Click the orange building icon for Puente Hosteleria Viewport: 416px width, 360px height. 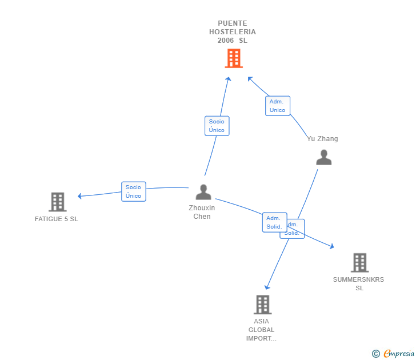coord(233,58)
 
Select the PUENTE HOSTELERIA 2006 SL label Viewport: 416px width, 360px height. coord(233,32)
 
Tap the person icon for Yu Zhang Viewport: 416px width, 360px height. coord(324,158)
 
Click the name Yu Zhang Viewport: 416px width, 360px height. coord(322,139)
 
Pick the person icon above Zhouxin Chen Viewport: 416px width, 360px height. coord(203,192)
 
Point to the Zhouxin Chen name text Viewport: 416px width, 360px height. coord(202,212)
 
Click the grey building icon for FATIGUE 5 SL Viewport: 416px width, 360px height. coord(57,202)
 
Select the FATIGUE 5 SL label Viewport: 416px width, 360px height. coord(56,219)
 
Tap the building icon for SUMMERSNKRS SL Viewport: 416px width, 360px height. coord(359,263)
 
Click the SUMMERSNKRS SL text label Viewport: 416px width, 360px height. coord(359,283)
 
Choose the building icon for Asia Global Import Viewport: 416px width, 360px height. coord(262,305)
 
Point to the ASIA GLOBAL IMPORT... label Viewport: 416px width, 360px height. coord(261,330)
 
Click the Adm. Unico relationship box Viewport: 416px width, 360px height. coord(278,106)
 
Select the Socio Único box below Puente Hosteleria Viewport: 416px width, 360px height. coord(217,126)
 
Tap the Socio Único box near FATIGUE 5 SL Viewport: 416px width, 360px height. coord(134,191)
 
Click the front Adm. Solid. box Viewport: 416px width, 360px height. coord(274,222)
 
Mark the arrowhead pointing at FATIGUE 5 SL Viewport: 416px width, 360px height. coord(80,196)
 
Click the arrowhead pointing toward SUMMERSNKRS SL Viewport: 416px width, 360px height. coord(331,246)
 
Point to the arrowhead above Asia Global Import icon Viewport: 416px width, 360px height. coord(267,287)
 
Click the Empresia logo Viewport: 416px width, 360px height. coord(394,354)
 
